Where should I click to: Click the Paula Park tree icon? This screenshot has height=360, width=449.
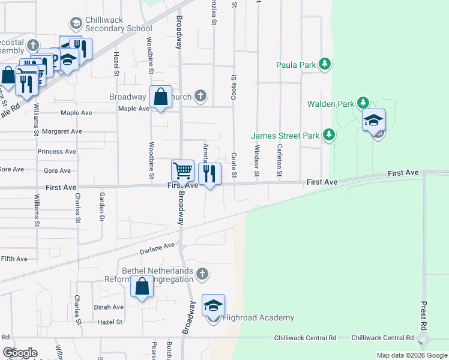click(325, 64)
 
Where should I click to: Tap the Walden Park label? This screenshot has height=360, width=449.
click(331, 104)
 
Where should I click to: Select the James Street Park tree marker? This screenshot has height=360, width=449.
click(328, 135)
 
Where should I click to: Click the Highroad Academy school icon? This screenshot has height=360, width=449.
click(214, 305)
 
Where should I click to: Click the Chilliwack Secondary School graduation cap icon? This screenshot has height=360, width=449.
click(76, 23)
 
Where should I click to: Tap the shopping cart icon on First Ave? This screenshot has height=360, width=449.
click(182, 170)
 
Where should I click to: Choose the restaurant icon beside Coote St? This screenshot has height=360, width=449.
click(209, 174)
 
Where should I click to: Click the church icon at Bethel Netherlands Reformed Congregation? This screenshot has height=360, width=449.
click(202, 274)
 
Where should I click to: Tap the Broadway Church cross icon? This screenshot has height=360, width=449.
click(200, 96)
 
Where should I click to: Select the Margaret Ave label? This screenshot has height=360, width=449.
click(59, 131)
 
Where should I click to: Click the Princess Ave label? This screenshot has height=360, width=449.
click(57, 152)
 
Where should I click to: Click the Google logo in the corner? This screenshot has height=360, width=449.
click(20, 353)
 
